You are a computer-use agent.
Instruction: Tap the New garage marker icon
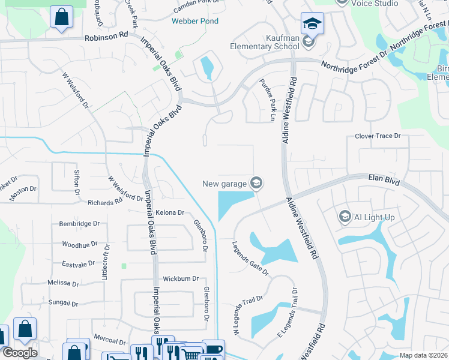click(x=257, y=183)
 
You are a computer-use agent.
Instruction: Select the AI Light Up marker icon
click(x=345, y=217)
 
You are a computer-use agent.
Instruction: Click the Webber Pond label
click(x=195, y=21)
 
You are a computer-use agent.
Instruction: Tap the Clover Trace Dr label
click(x=378, y=136)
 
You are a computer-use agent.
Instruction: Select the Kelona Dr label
click(x=169, y=212)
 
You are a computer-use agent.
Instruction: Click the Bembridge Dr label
click(x=79, y=224)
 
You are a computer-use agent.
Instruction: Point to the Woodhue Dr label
click(x=80, y=244)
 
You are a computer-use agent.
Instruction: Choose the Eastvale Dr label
click(x=79, y=263)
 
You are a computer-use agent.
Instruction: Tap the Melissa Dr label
click(x=64, y=282)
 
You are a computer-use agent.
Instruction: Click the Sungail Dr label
click(x=63, y=304)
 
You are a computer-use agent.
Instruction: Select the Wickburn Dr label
click(x=181, y=279)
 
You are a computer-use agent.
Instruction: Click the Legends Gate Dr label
click(x=252, y=259)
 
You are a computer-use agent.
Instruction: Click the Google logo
click(x=20, y=353)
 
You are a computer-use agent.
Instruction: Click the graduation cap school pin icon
click(x=312, y=23)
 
